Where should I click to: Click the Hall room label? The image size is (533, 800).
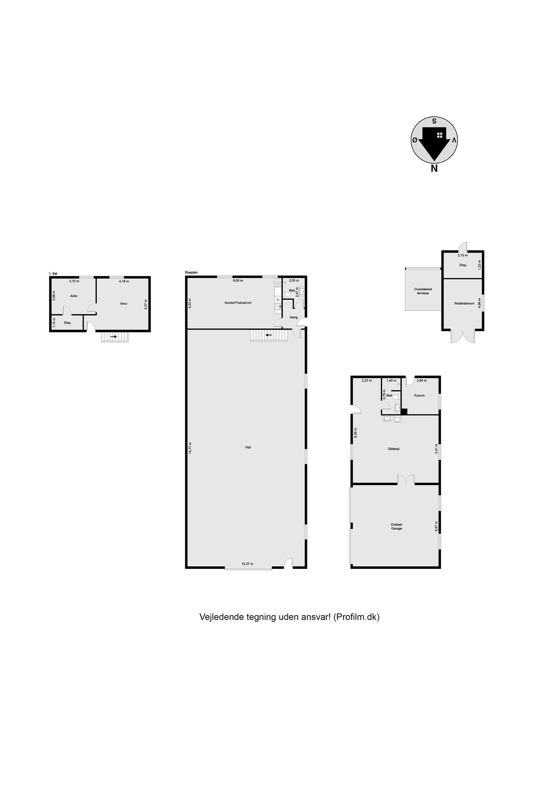coord(248,447)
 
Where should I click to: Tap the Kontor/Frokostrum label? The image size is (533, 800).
coord(238,302)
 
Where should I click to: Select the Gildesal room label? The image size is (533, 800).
coord(394,449)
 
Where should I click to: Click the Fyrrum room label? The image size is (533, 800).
coord(420,395)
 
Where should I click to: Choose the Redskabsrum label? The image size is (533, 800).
coord(464,303)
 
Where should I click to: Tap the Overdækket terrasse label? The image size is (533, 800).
coord(423,291)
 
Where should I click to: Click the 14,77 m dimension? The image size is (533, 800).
coord(190,448)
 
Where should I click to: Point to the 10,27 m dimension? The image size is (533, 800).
coord(247,564)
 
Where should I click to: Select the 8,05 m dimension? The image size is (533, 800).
coord(238,281)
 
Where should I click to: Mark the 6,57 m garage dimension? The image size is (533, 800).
coord(436,526)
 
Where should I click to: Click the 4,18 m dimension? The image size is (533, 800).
coord(124,281)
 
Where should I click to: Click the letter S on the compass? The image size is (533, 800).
coord(434,121)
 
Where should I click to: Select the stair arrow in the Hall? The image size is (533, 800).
coord(269,335)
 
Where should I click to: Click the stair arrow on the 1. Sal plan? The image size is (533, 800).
coord(113,337)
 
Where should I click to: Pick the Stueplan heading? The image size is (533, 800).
coord(191,272)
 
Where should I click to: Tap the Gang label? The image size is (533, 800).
coord(293,317)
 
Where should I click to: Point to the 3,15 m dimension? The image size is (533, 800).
coord(462,255)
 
